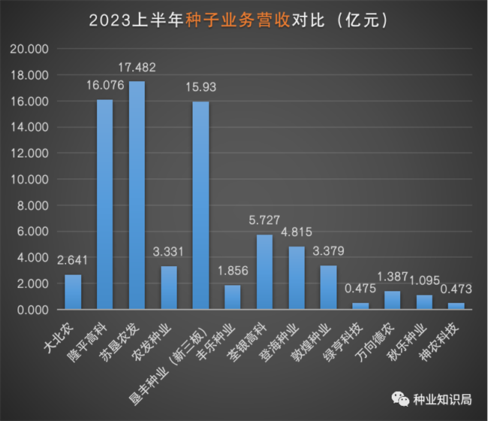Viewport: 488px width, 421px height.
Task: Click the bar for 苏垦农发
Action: tap(137, 195)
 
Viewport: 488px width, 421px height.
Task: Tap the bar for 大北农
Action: tap(73, 292)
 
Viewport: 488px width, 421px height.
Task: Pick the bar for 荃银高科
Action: tap(265, 271)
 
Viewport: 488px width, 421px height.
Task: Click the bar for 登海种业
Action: tap(297, 277)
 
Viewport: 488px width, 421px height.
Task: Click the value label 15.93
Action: tap(201, 87)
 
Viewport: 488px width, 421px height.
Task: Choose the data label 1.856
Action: tap(233, 271)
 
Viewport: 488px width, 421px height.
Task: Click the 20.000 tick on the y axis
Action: tap(31, 49)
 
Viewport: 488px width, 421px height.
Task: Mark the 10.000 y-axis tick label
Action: tap(31, 179)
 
